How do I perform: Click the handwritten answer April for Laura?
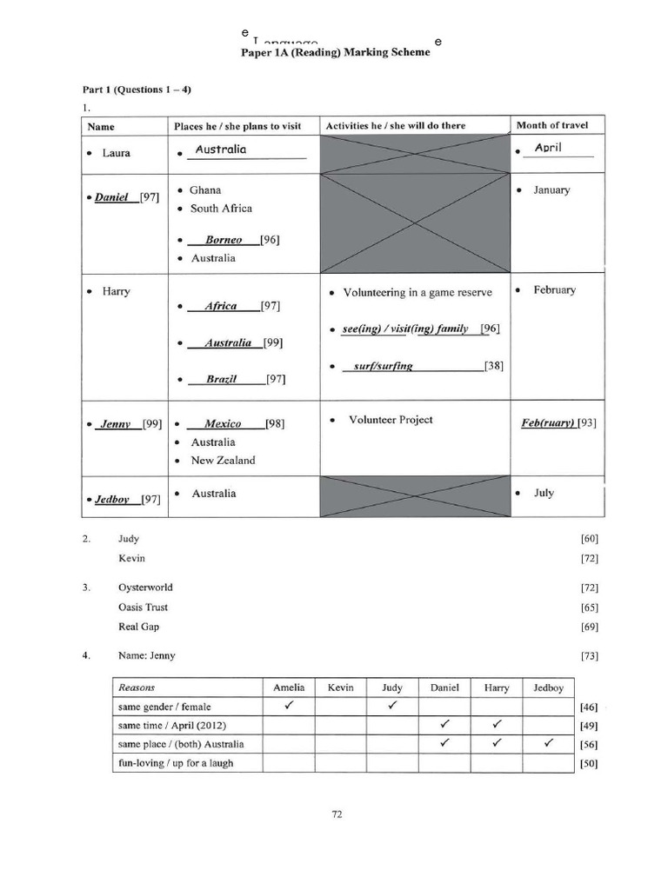click(x=548, y=149)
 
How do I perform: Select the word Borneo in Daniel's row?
click(x=224, y=240)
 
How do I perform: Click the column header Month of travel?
click(x=551, y=125)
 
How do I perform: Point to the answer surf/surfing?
click(x=384, y=366)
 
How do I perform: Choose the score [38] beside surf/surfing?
click(x=494, y=366)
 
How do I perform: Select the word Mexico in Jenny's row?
click(x=223, y=423)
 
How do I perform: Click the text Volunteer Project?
click(x=391, y=419)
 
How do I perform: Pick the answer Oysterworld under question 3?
click(x=145, y=588)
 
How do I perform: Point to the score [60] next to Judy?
click(x=590, y=539)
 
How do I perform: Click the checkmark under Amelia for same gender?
click(x=288, y=706)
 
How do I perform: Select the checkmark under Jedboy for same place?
click(x=548, y=743)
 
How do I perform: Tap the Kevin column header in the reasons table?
click(x=340, y=687)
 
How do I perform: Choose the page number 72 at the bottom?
click(x=337, y=814)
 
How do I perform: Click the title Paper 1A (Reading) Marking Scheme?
click(x=335, y=52)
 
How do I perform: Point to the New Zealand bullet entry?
click(x=223, y=461)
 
